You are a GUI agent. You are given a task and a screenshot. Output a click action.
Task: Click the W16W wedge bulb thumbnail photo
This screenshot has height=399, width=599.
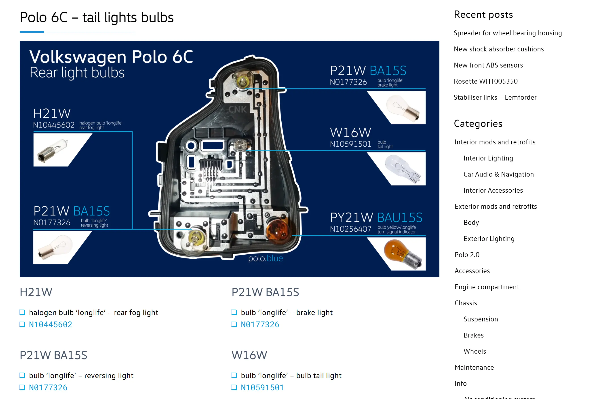(x=402, y=169)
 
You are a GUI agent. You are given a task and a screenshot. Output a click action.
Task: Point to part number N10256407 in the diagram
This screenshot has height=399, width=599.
(x=350, y=229)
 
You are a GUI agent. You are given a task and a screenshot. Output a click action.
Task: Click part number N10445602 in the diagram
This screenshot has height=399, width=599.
(x=54, y=125)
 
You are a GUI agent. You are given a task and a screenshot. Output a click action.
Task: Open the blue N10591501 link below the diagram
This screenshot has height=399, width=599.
(x=262, y=388)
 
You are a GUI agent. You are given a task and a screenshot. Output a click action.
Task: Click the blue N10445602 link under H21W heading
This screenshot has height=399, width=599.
(x=50, y=324)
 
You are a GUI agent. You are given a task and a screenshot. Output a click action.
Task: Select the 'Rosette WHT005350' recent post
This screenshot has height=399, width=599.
(x=485, y=81)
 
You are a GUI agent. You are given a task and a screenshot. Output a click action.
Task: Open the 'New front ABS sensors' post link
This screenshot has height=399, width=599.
(x=488, y=65)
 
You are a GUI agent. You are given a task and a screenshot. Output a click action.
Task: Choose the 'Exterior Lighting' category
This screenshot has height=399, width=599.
(x=489, y=239)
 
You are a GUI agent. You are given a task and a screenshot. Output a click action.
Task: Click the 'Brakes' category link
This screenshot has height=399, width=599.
(x=473, y=335)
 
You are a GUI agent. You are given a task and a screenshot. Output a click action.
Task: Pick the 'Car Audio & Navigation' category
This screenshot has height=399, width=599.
(x=498, y=174)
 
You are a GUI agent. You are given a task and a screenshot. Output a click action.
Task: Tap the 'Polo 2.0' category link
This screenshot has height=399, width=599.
(x=467, y=255)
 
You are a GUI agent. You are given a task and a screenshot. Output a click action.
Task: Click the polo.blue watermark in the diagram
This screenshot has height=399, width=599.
(x=265, y=258)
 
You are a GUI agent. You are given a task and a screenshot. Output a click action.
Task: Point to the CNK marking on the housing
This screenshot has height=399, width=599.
(x=237, y=110)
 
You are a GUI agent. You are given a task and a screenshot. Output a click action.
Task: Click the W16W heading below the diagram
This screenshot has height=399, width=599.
(x=249, y=355)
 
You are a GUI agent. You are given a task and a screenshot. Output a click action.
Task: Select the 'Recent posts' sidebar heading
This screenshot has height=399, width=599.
(x=483, y=15)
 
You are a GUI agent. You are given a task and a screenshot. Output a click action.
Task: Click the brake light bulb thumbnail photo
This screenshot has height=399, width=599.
(x=402, y=108)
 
